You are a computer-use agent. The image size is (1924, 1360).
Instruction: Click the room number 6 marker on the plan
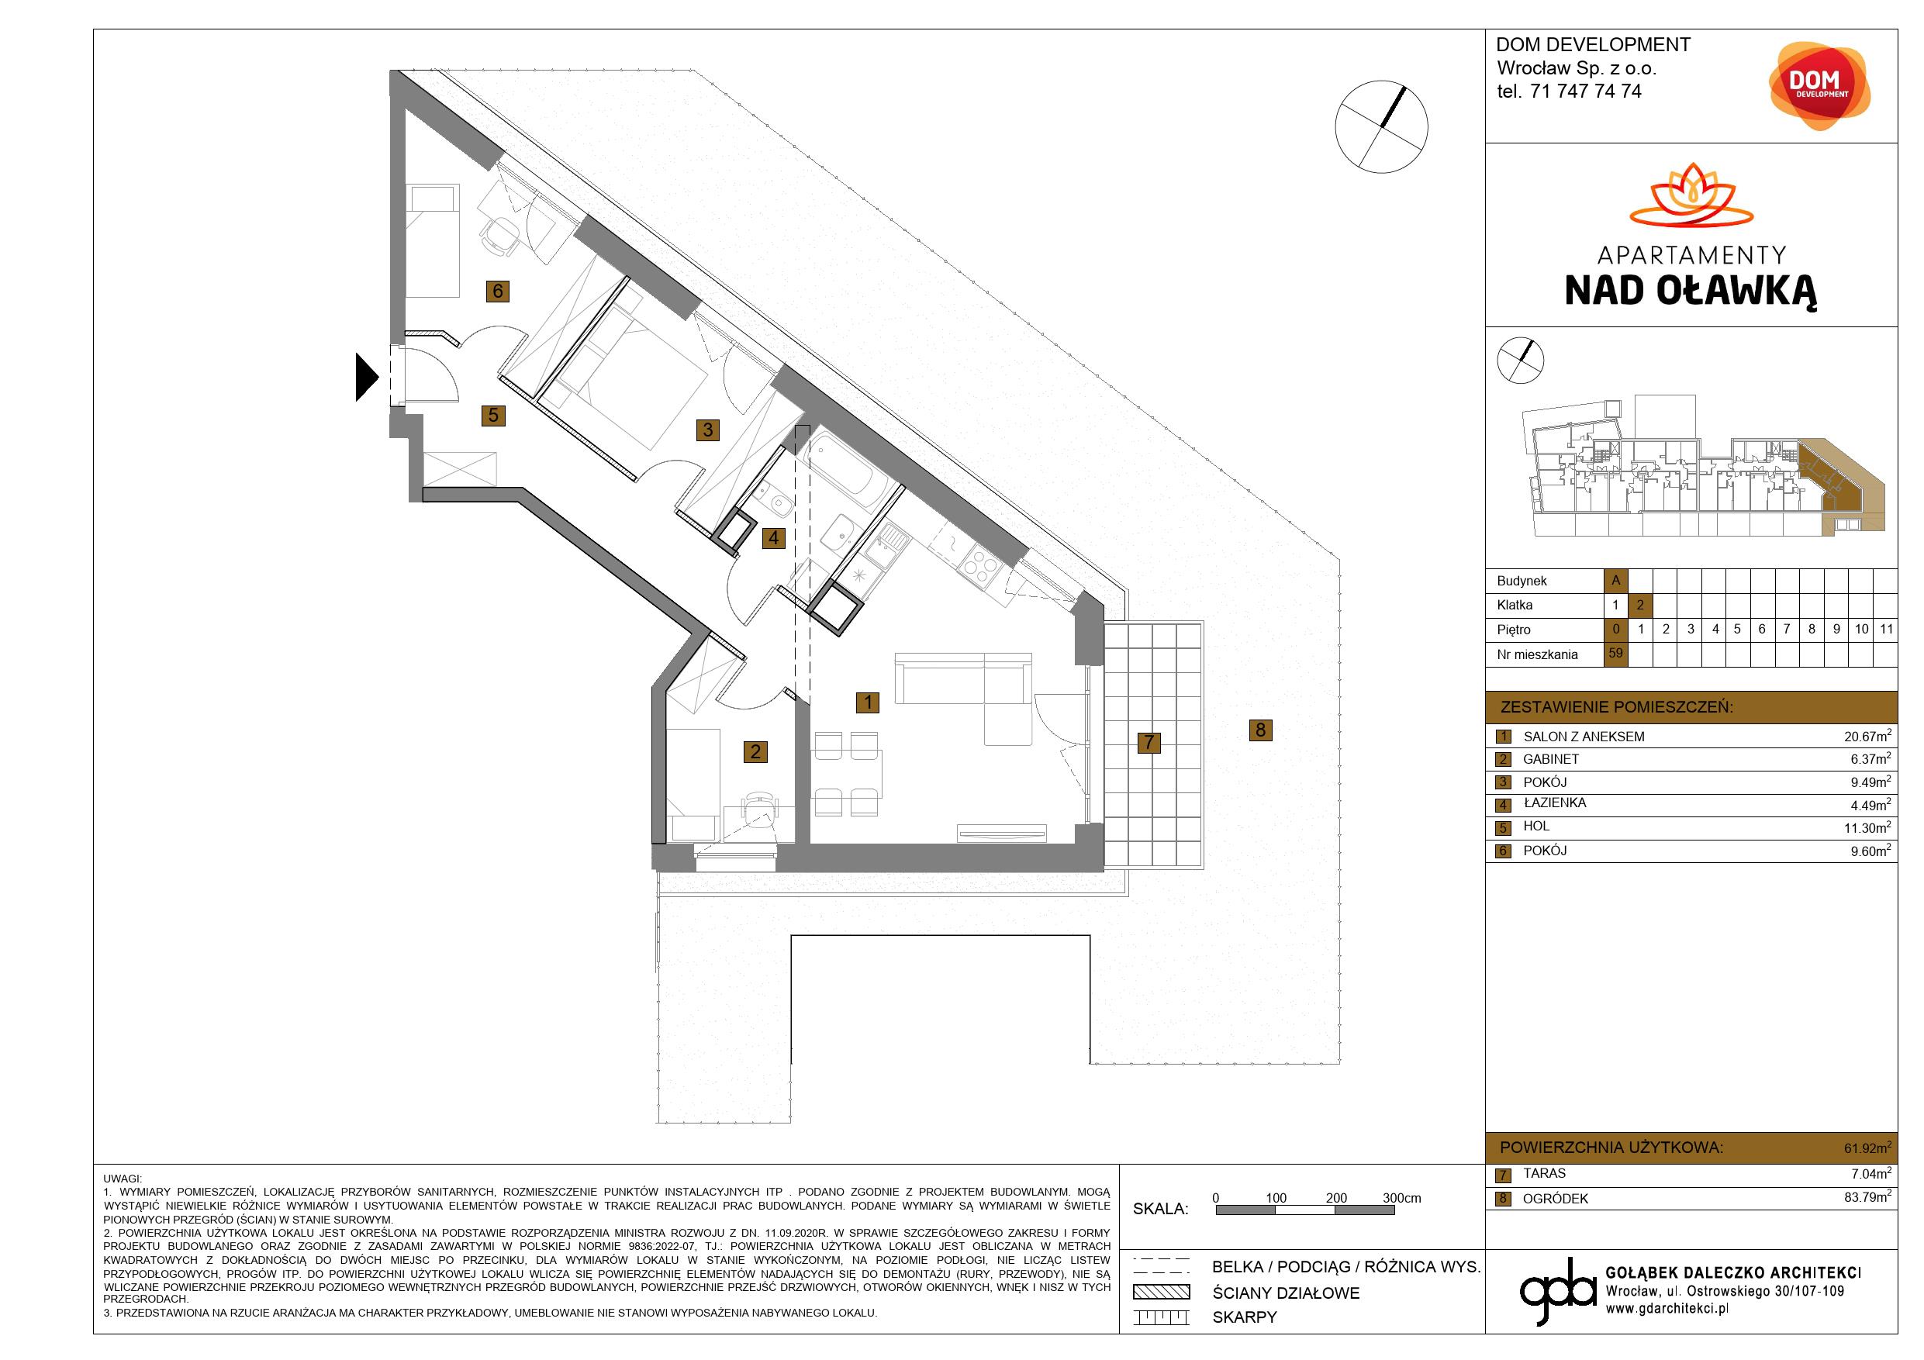(498, 291)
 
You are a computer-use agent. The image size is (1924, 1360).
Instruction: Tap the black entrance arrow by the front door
(367, 377)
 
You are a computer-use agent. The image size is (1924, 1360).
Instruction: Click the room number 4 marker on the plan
(772, 537)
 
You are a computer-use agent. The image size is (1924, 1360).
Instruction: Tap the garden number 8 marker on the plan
(1260, 729)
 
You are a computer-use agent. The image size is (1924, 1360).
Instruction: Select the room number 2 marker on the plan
(755, 751)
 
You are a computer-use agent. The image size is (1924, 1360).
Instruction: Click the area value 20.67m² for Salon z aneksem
(1867, 736)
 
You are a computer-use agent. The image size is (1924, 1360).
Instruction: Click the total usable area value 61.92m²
(1867, 1147)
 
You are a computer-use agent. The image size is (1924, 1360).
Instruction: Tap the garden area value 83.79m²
(1867, 1197)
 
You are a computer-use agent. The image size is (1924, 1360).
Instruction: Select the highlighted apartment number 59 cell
(1615, 654)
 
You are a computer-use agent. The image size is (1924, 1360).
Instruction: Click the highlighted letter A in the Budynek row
(1615, 580)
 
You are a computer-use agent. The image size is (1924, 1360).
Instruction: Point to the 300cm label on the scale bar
(1402, 1198)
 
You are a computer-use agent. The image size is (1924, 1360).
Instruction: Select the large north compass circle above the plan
(1381, 127)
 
